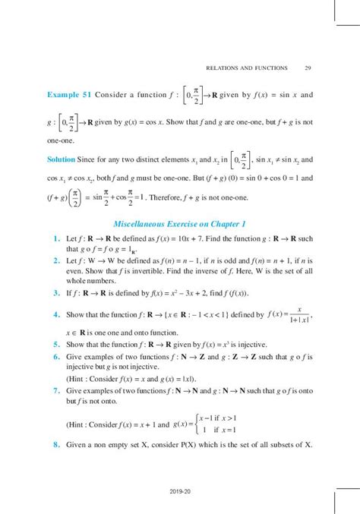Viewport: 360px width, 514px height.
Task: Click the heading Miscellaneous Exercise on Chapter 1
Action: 179,224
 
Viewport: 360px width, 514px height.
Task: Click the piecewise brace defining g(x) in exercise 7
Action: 196,422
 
